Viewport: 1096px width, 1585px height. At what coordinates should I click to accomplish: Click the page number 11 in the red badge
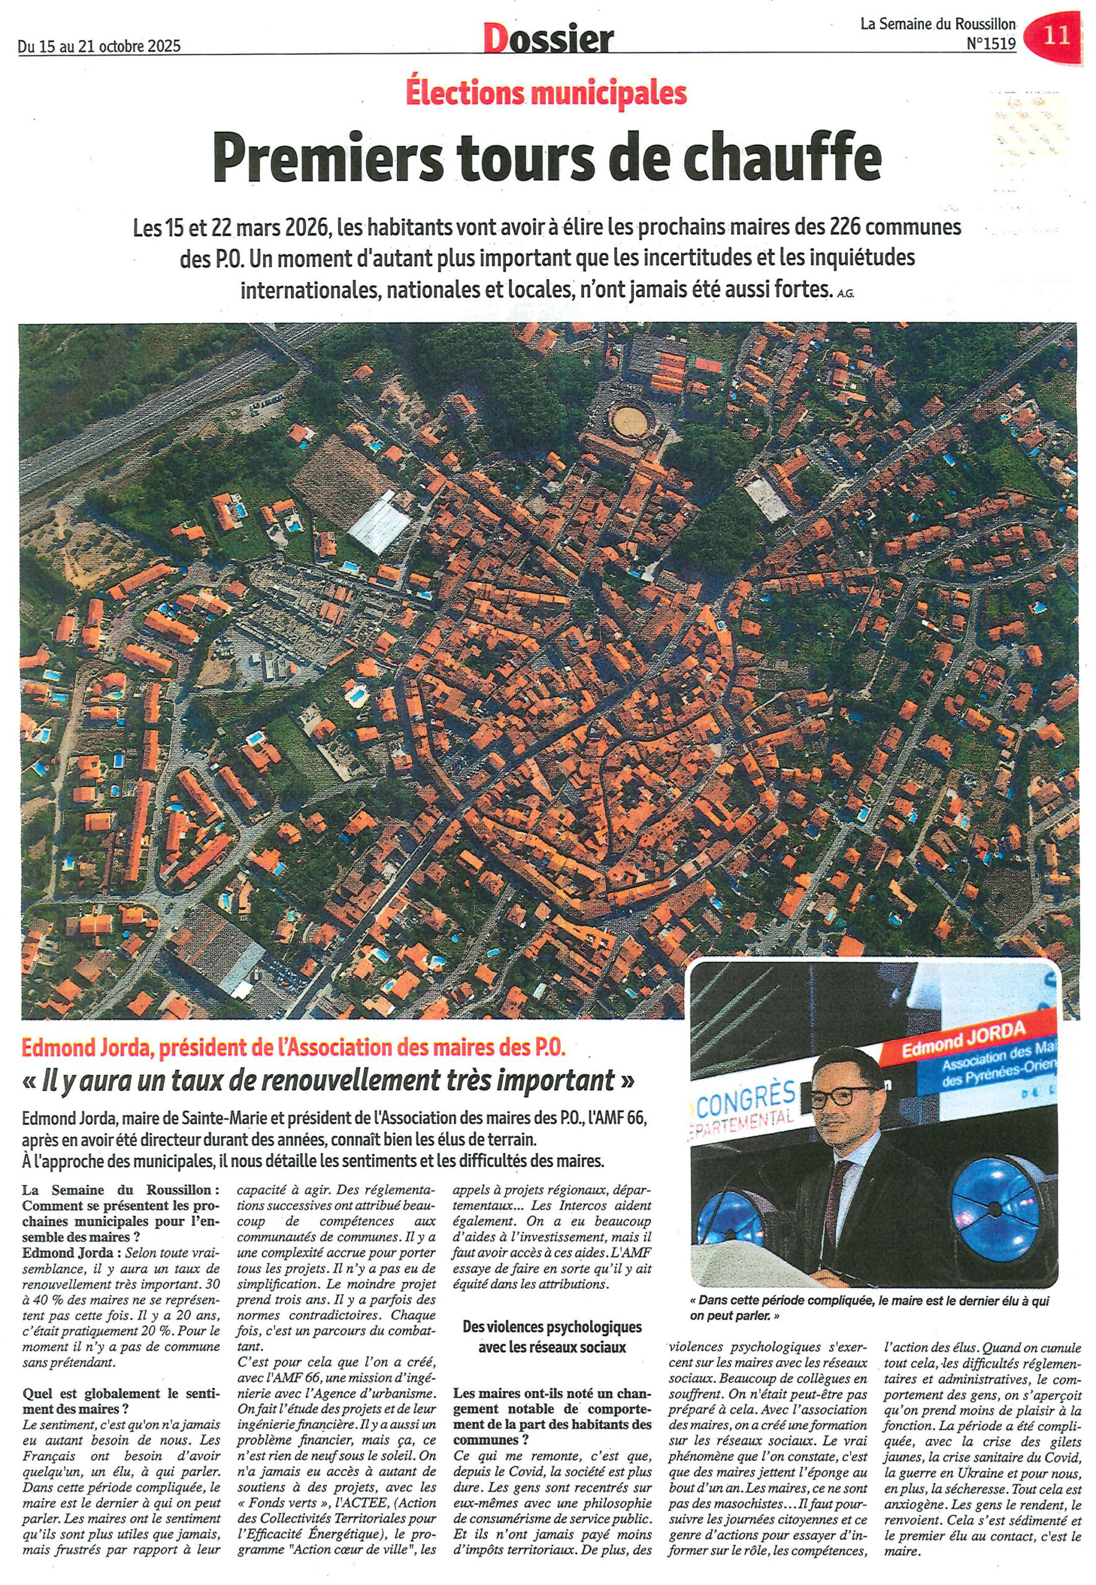click(x=1057, y=35)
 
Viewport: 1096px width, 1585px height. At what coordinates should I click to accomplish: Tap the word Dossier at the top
click(x=547, y=40)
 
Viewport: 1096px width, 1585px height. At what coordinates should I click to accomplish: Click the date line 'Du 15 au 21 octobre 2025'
click(x=100, y=46)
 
